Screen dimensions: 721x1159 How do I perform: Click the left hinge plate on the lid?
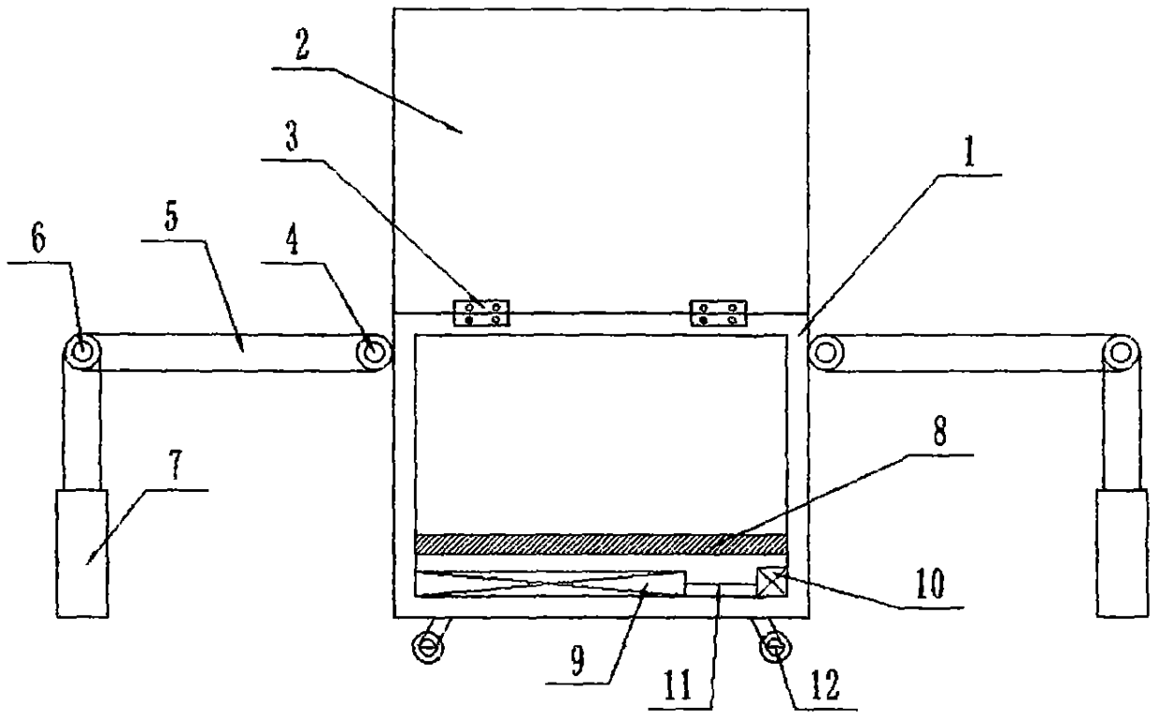click(x=482, y=313)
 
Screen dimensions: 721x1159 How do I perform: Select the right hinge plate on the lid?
click(x=719, y=313)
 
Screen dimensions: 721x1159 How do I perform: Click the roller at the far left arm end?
click(x=81, y=353)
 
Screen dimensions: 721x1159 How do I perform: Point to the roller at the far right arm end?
click(x=1119, y=353)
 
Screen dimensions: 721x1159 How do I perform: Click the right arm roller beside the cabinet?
click(x=826, y=353)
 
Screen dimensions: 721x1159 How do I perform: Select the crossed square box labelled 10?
click(x=770, y=584)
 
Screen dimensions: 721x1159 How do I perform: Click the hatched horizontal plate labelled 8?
click(x=599, y=542)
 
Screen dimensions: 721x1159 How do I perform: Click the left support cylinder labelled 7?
click(x=82, y=552)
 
